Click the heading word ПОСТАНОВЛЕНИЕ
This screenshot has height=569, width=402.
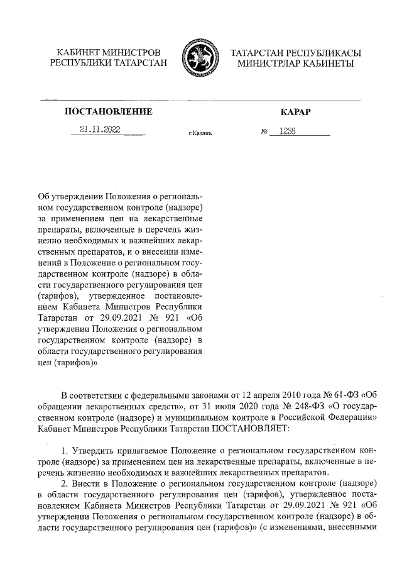[109, 112]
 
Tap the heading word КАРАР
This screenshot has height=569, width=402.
[295, 112]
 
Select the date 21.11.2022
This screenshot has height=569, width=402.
[100, 130]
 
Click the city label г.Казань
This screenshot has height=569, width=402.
[200, 133]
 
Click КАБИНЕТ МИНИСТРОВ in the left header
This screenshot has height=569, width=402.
[109, 52]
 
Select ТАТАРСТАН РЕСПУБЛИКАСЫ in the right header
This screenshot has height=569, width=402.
[295, 52]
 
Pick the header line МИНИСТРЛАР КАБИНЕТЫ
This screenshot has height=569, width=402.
[295, 64]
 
